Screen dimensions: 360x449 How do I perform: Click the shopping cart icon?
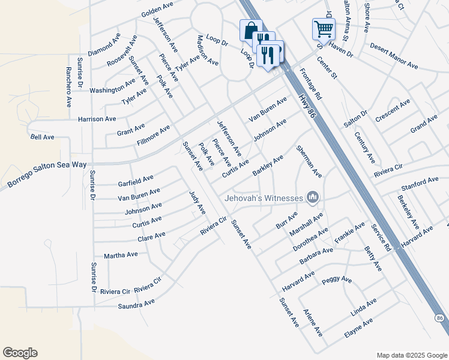click(x=324, y=28)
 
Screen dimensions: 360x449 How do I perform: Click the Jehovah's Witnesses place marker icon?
click(x=312, y=197)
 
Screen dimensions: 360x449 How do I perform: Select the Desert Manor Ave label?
click(x=394, y=55)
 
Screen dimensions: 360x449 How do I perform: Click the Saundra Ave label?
click(x=137, y=305)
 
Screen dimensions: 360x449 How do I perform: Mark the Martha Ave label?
click(x=121, y=254)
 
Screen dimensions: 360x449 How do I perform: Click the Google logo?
click(x=20, y=353)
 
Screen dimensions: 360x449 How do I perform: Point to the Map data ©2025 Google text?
click(x=411, y=355)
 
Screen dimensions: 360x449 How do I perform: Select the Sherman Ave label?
click(x=310, y=162)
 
